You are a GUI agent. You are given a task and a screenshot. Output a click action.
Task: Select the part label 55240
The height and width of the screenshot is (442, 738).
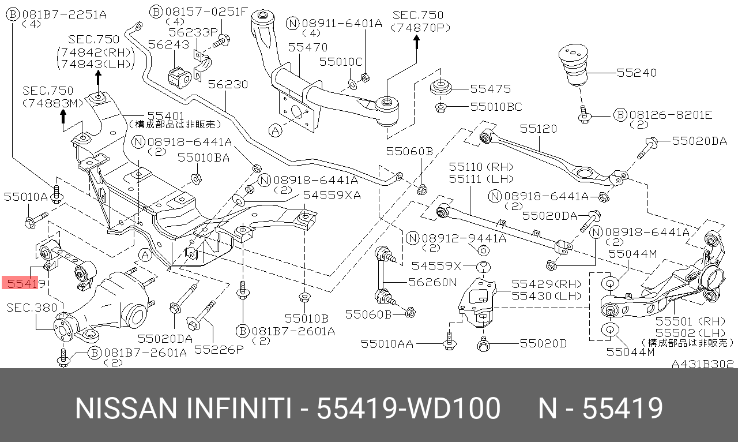[x=637, y=73]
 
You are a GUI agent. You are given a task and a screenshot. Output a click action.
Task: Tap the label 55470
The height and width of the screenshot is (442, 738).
[x=308, y=48]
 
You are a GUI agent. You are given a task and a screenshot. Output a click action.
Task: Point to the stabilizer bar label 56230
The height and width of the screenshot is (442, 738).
[x=228, y=85]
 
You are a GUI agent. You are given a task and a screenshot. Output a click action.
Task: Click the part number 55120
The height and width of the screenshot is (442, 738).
[x=539, y=129]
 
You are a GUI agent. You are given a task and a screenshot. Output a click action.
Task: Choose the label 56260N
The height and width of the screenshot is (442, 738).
[x=432, y=282]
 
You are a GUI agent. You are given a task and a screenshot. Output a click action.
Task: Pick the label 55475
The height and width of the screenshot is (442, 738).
[x=490, y=89]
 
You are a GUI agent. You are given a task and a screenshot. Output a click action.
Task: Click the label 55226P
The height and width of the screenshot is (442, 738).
[x=219, y=349]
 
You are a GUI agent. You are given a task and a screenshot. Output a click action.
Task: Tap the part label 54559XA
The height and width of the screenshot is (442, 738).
[x=332, y=195]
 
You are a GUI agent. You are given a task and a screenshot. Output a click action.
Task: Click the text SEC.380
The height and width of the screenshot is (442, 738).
[x=32, y=308]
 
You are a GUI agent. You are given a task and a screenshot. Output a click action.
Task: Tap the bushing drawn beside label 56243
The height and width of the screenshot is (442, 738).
[x=179, y=76]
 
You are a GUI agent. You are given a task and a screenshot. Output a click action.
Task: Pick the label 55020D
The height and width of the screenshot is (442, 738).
[x=543, y=344]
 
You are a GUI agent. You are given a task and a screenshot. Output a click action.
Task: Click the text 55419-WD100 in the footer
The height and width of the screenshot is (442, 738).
[x=409, y=409]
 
